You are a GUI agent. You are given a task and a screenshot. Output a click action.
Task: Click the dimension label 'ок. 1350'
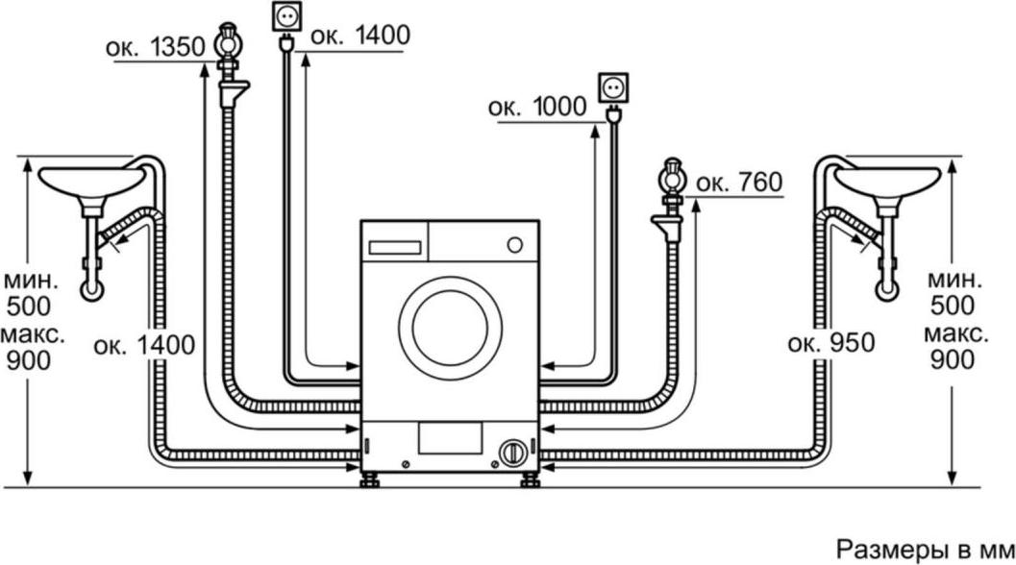click(156, 47)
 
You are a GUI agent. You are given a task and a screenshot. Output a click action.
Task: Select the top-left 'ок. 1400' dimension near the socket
click(360, 35)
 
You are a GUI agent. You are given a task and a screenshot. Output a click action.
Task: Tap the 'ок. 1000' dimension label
click(537, 107)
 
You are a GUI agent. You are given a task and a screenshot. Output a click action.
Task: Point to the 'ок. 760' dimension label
click(739, 183)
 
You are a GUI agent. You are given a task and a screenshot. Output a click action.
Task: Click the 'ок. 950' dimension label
click(831, 343)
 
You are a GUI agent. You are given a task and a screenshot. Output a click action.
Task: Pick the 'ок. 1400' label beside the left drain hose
click(144, 345)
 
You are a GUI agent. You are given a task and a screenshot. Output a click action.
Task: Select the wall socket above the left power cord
click(285, 17)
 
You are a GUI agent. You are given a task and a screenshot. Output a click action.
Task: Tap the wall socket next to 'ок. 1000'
click(612, 88)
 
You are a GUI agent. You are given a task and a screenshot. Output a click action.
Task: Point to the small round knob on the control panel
click(515, 245)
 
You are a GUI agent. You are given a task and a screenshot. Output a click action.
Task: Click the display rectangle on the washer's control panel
click(395, 248)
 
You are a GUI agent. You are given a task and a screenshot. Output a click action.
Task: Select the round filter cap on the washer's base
click(512, 453)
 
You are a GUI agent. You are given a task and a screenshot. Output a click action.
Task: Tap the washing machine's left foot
click(371, 480)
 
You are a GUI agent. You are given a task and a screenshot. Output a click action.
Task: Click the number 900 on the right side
click(952, 360)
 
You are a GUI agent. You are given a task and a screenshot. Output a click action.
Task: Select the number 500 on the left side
click(29, 307)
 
